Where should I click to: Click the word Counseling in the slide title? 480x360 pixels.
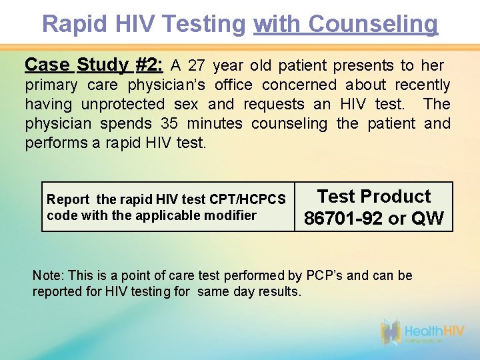[x=373, y=24]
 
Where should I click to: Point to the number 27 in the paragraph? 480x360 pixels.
[x=197, y=65]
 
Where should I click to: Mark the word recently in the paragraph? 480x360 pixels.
[x=422, y=85]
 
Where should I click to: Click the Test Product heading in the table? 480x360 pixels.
[x=373, y=197]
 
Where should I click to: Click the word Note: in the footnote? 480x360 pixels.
[x=46, y=276]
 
